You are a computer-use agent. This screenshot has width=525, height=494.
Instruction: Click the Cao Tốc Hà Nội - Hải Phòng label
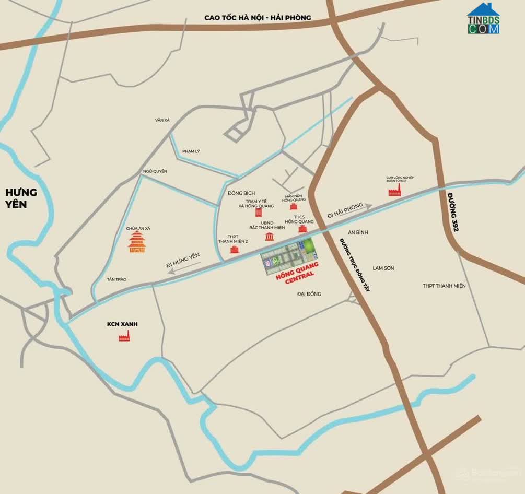click(258, 18)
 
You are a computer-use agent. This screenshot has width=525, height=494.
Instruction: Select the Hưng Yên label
click(21, 198)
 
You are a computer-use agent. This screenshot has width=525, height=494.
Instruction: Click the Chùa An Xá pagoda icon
click(137, 243)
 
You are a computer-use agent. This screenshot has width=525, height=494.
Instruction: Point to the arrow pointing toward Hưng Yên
click(183, 265)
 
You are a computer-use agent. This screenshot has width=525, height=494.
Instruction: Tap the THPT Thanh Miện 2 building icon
click(234, 250)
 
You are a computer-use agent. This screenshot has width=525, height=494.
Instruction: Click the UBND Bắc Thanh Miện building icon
click(270, 237)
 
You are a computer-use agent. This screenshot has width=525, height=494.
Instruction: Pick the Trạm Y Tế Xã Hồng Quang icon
click(258, 213)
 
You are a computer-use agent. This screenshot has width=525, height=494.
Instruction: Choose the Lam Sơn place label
click(383, 268)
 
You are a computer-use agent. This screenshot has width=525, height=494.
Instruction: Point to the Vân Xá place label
click(162, 120)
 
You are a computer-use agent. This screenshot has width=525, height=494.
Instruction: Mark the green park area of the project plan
click(309, 245)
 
